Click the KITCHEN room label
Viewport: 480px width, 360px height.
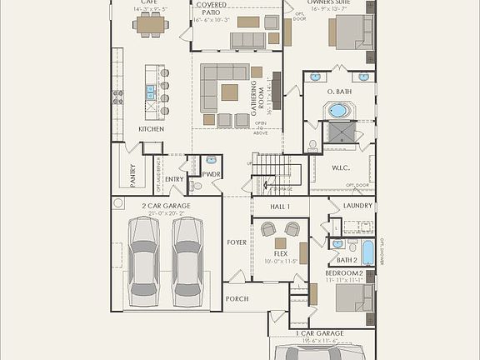pos(151,129)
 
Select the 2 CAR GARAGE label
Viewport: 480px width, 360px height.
pos(166,205)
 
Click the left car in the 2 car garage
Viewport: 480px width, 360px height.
pos(143,259)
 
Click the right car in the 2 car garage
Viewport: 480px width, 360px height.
pos(188,259)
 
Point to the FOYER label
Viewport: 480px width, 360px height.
pos(237,242)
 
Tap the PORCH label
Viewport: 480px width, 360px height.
pos(237,298)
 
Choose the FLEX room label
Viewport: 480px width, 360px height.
pos(281,253)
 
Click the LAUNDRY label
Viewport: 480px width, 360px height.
pos(357,205)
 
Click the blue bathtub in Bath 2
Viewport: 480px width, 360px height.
pos(367,252)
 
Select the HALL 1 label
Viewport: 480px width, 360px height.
pos(280,205)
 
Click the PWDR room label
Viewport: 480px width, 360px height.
pos(210,174)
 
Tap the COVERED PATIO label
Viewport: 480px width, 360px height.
pos(211,8)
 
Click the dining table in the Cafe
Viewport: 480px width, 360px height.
pos(151,25)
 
